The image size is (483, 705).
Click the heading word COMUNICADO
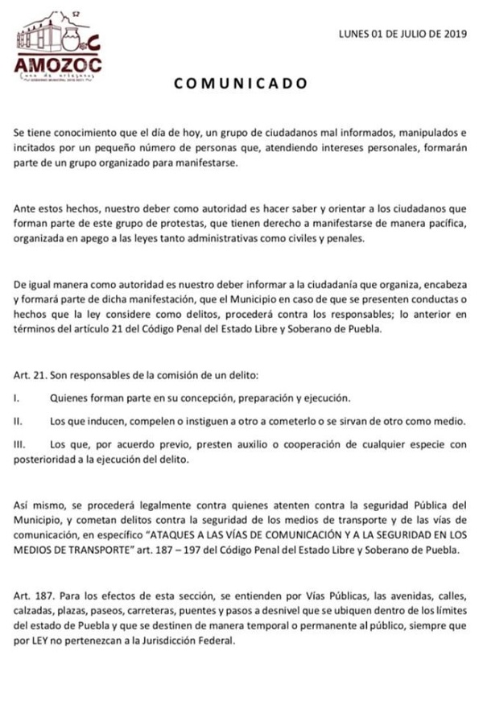242,82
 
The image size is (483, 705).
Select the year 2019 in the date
454,35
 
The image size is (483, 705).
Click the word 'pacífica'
442,221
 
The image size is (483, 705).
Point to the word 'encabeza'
442,284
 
